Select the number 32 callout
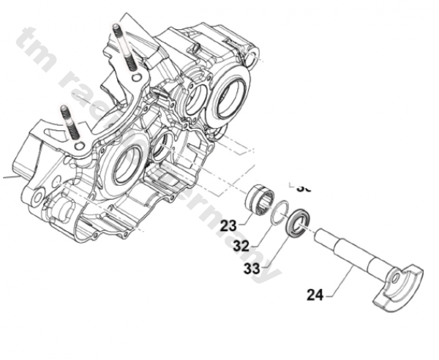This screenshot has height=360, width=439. click(x=242, y=247)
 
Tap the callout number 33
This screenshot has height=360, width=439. click(x=252, y=269)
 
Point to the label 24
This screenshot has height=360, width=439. click(x=315, y=295)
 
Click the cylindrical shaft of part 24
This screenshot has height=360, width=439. click(x=351, y=252)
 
